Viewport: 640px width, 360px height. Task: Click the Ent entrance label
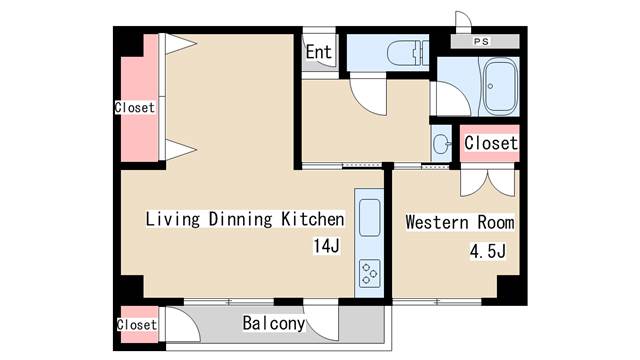pyautogui.click(x=318, y=52)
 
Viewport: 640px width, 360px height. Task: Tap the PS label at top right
pyautogui.click(x=481, y=41)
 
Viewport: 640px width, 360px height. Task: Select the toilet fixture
pyautogui.click(x=407, y=53)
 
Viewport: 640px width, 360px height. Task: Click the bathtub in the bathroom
pyautogui.click(x=500, y=86)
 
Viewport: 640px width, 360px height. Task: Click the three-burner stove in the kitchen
pyautogui.click(x=370, y=273)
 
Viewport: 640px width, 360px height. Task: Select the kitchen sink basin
pyautogui.click(x=370, y=218)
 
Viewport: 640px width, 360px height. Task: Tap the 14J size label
pyautogui.click(x=326, y=246)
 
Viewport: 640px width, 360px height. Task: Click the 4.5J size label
pyautogui.click(x=487, y=251)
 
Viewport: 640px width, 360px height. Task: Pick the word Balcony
pyautogui.click(x=273, y=323)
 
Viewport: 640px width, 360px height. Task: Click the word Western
pyautogui.click(x=437, y=222)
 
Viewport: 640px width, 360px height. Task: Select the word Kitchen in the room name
pyautogui.click(x=313, y=219)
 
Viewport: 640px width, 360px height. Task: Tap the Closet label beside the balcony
pyautogui.click(x=137, y=325)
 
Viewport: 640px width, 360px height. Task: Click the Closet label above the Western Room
pyautogui.click(x=491, y=143)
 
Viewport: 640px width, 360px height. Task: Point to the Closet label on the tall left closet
pyautogui.click(x=135, y=107)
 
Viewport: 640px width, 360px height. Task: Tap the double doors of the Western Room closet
pyautogui.click(x=487, y=182)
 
